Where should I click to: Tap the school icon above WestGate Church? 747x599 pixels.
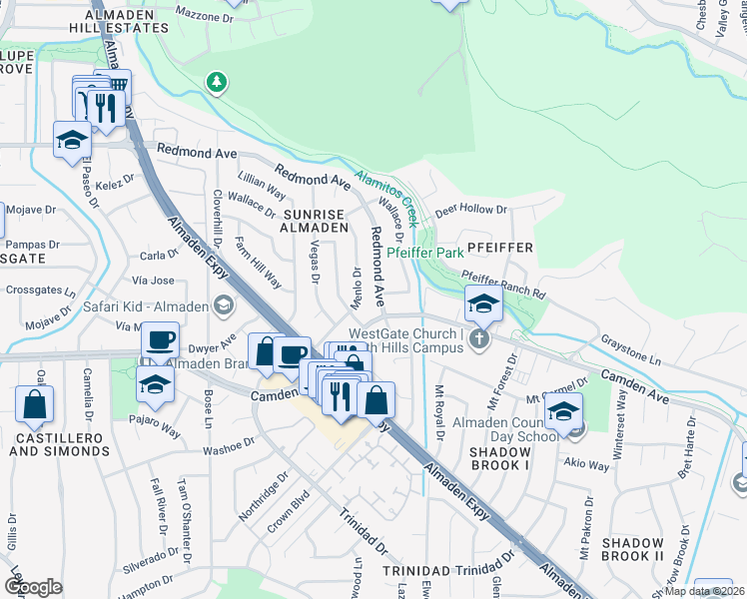click(482, 303)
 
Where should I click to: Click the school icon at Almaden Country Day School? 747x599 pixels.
click(563, 411)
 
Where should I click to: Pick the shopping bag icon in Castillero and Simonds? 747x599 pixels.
click(34, 404)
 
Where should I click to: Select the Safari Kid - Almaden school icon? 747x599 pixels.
click(225, 304)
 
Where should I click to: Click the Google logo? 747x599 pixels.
click(33, 586)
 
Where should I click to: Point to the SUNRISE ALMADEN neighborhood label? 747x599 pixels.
click(314, 221)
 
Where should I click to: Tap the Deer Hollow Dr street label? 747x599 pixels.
click(471, 211)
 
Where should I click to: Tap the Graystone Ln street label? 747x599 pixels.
click(630, 349)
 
